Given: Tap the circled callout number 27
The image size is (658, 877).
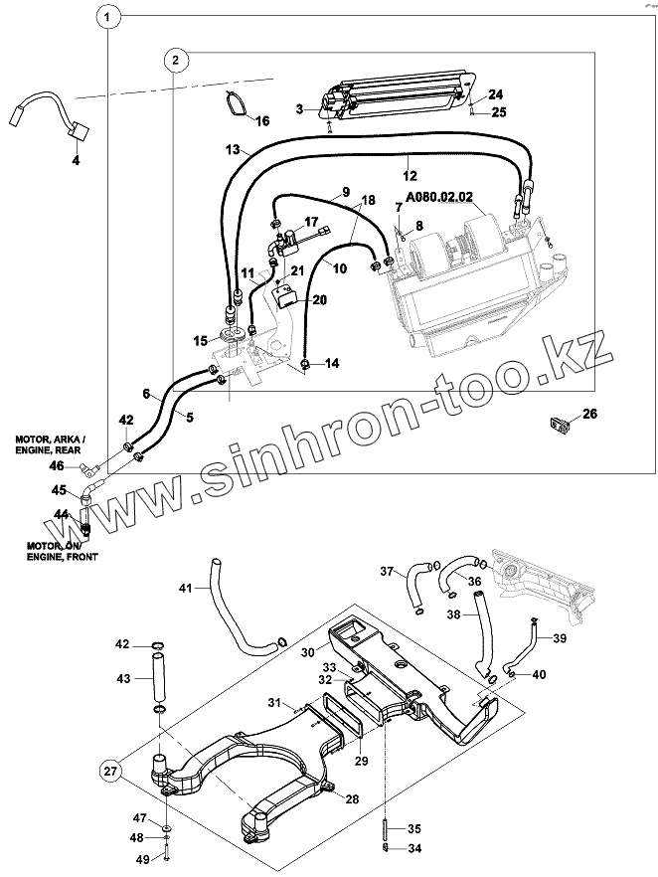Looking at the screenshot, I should [x=110, y=772].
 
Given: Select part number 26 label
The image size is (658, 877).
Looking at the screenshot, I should [x=589, y=414].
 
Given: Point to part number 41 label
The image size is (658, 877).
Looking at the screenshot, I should [x=185, y=590].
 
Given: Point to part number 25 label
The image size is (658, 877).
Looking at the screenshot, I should [x=498, y=112].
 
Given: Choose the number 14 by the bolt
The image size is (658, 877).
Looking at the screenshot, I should [x=331, y=364].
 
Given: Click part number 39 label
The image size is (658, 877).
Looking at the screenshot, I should [x=560, y=637].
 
